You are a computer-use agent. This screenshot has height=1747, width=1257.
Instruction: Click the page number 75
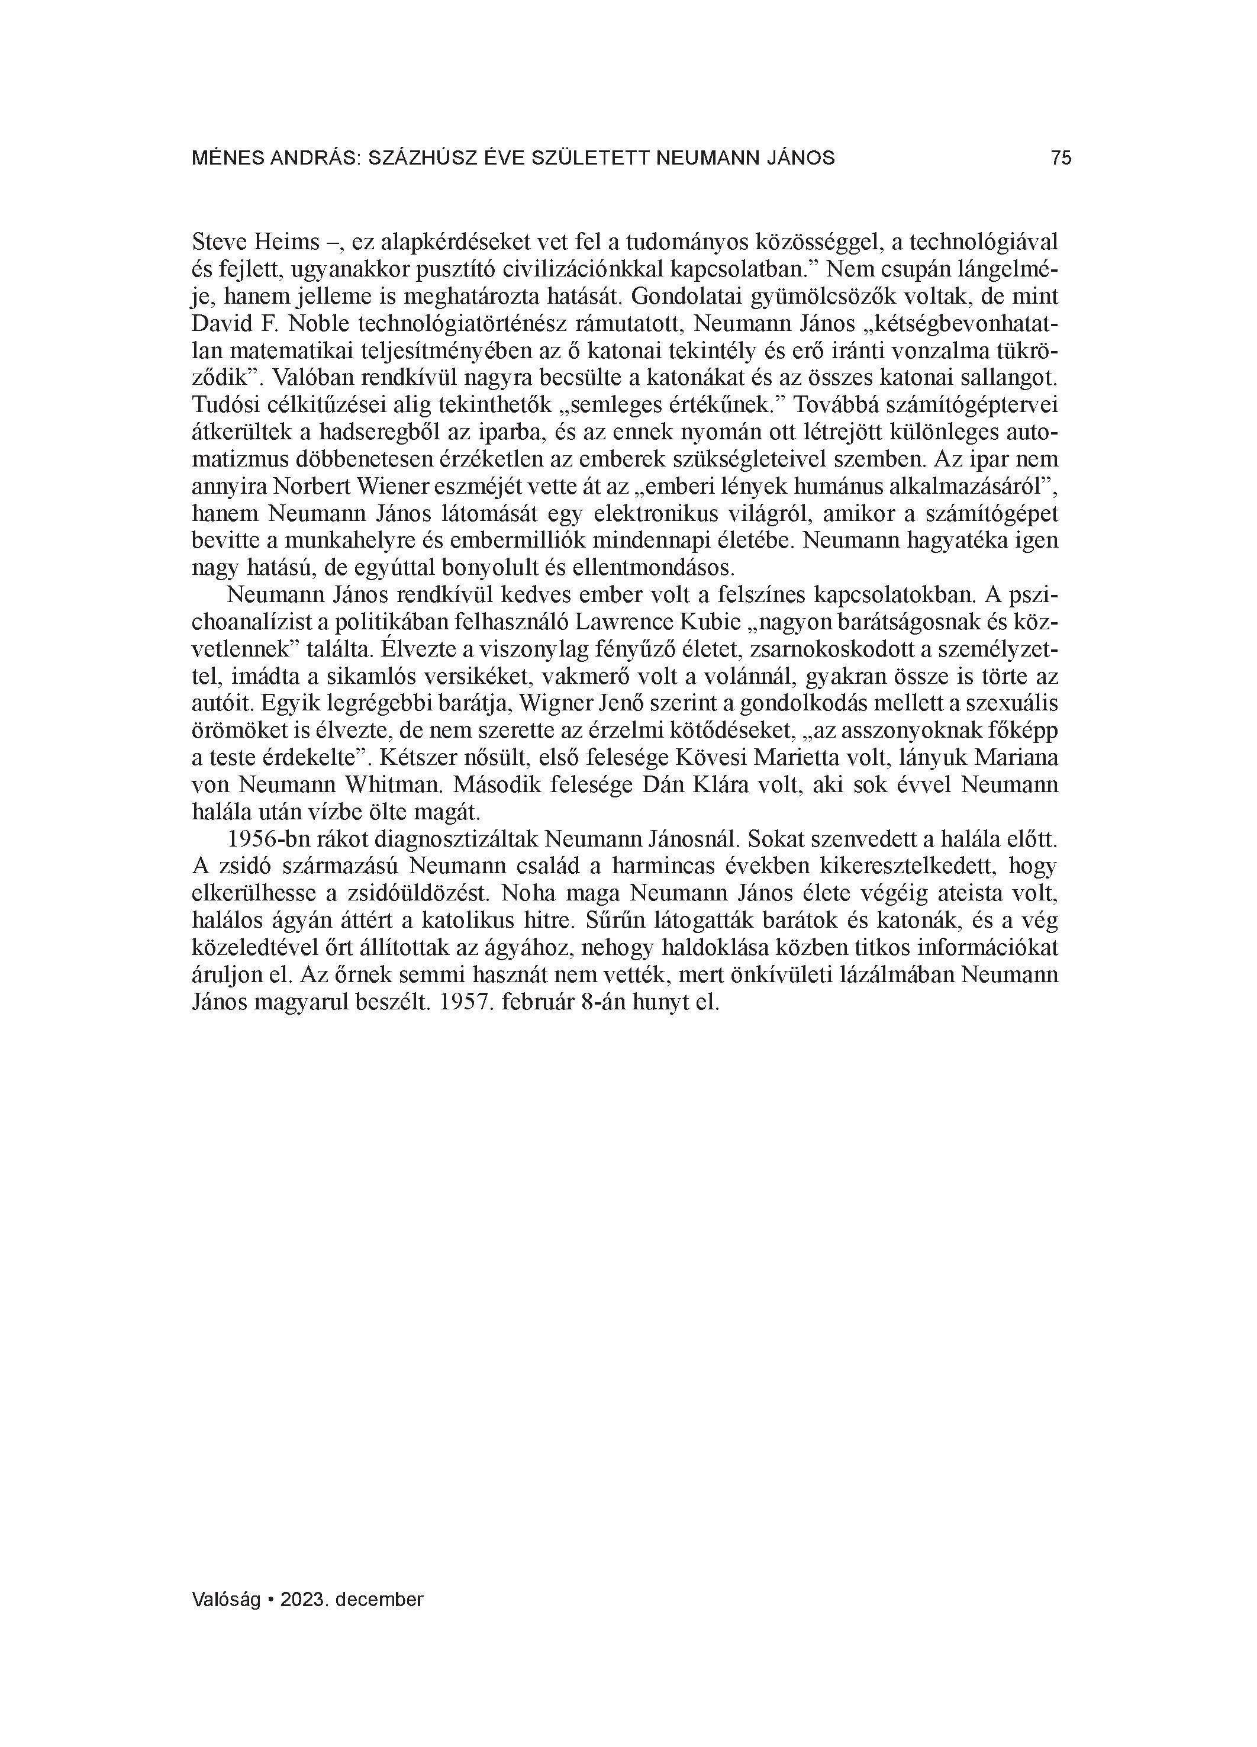coord(1061,158)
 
